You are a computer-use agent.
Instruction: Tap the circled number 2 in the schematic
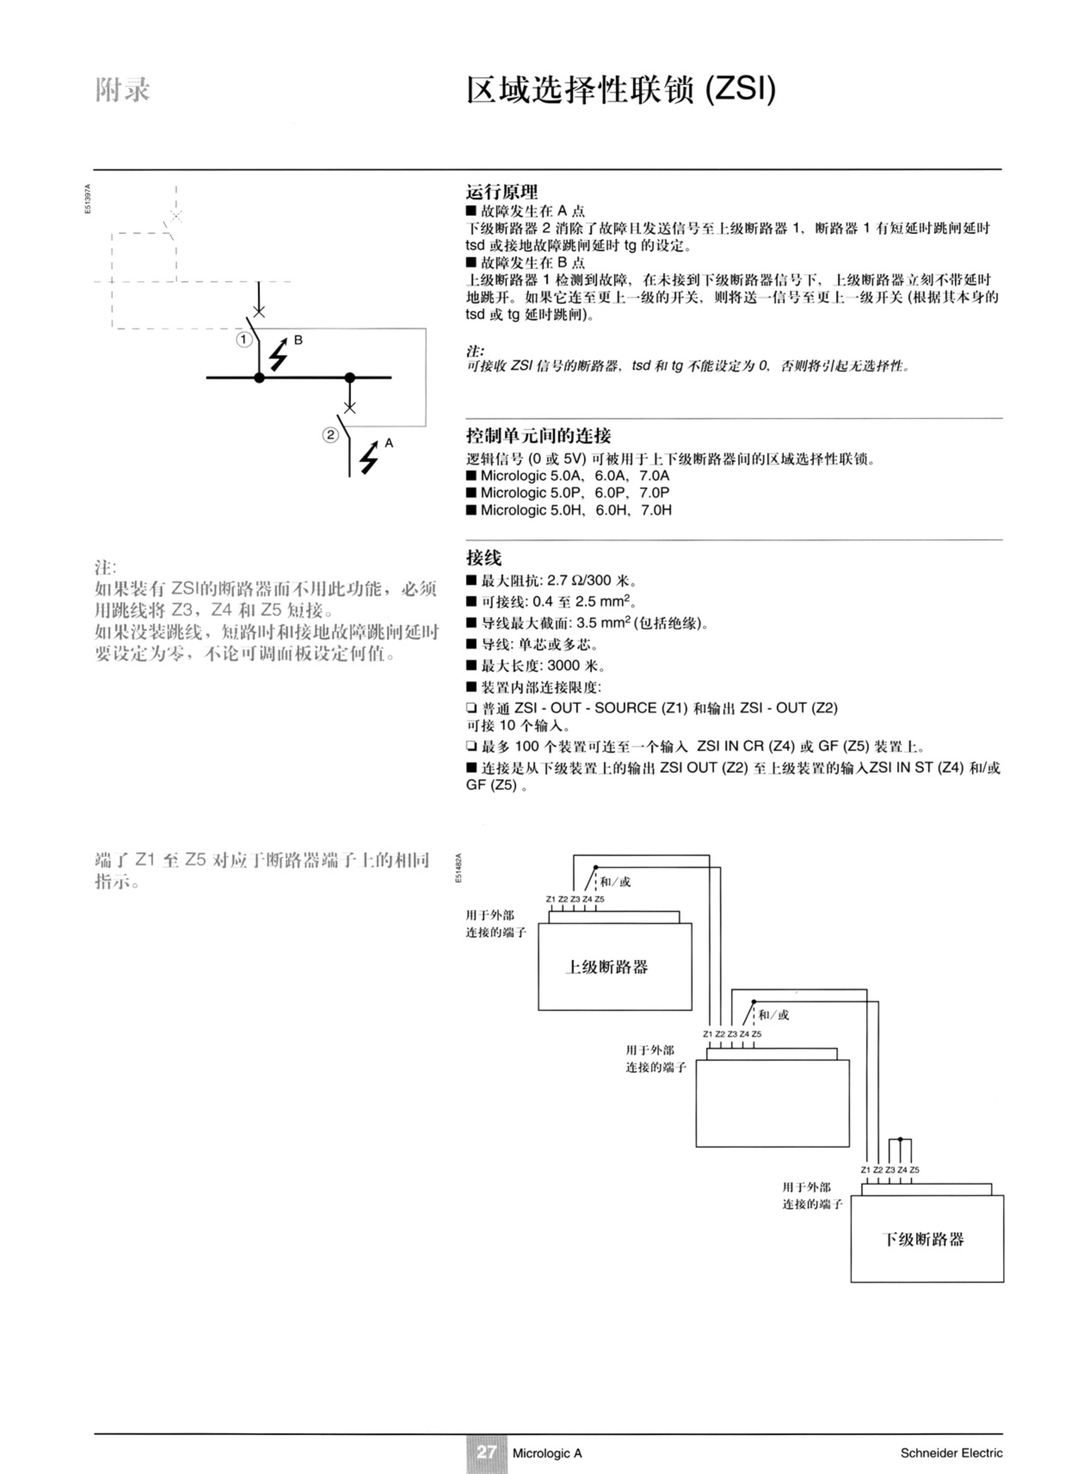(x=331, y=435)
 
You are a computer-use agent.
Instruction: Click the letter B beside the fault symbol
(x=298, y=340)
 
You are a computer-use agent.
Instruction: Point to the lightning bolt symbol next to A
(x=370, y=457)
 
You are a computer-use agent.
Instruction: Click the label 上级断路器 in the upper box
(x=606, y=967)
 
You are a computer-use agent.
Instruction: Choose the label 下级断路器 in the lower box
(x=923, y=1239)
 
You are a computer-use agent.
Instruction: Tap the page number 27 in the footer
(x=486, y=1452)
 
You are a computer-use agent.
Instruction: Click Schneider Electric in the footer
(x=951, y=1452)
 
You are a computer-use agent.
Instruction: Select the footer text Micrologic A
(x=547, y=1453)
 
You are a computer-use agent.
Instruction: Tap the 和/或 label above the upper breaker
(x=615, y=882)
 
